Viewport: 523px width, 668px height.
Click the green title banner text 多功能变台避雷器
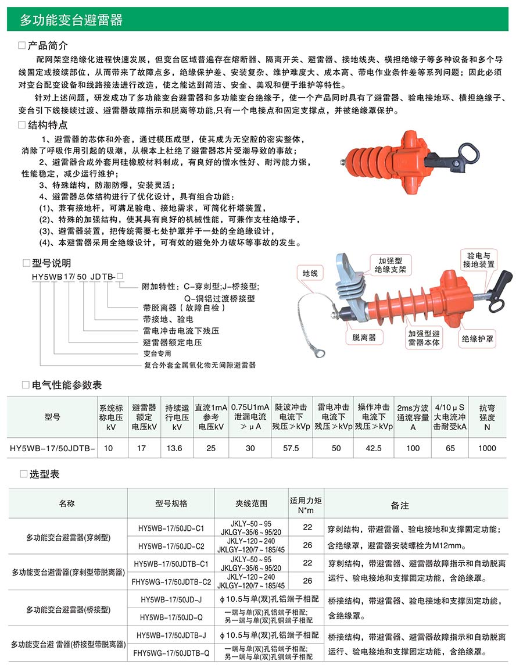click(71, 20)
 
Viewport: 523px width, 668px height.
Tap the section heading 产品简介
click(48, 45)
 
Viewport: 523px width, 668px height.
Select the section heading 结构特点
click(48, 125)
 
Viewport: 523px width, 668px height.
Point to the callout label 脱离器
click(364, 337)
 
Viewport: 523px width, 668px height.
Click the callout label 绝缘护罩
click(478, 338)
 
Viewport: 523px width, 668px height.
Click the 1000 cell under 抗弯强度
click(487, 448)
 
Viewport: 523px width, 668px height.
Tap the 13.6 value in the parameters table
click(174, 448)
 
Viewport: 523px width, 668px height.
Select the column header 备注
click(400, 505)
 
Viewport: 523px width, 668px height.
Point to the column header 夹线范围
click(252, 503)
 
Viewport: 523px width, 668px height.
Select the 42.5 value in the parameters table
click(371, 448)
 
